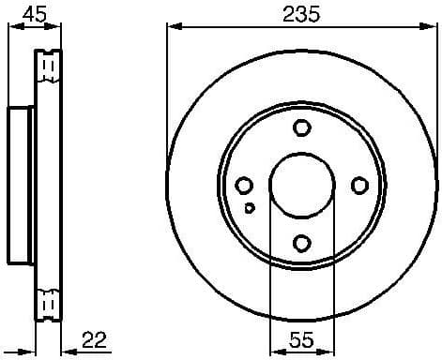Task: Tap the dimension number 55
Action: [300, 338]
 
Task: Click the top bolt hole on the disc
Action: [300, 128]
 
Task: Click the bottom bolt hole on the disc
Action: [300, 244]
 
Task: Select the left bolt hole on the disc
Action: [243, 186]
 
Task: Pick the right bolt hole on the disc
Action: [358, 186]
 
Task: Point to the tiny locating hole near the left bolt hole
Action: [248, 208]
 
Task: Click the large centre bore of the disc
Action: [300, 186]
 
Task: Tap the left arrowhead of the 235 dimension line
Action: [172, 27]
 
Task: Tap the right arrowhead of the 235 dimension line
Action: [432, 27]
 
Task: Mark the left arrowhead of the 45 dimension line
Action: [11, 27]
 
